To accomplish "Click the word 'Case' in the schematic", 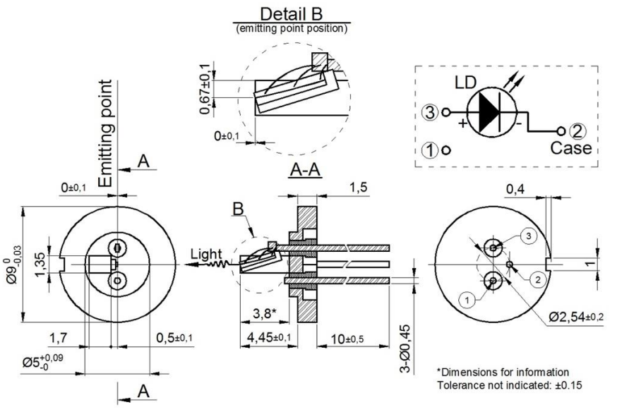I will [571, 149].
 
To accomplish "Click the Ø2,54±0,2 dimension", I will [575, 317].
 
